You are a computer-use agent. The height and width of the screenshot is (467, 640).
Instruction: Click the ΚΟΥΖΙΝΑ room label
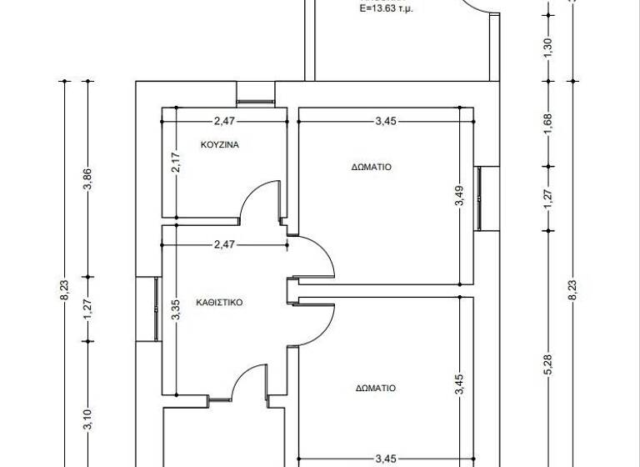(220, 144)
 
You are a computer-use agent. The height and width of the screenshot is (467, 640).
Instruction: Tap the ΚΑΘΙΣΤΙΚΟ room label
(219, 303)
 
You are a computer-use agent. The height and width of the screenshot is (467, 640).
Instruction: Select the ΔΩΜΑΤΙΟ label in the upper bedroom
(372, 167)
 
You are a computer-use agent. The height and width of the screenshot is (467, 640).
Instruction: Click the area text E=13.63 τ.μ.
(387, 10)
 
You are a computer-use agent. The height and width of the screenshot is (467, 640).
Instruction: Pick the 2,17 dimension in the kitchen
(176, 162)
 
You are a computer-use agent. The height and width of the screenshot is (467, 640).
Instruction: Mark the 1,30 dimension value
(548, 48)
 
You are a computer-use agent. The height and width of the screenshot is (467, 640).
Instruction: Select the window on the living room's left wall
(156, 309)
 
